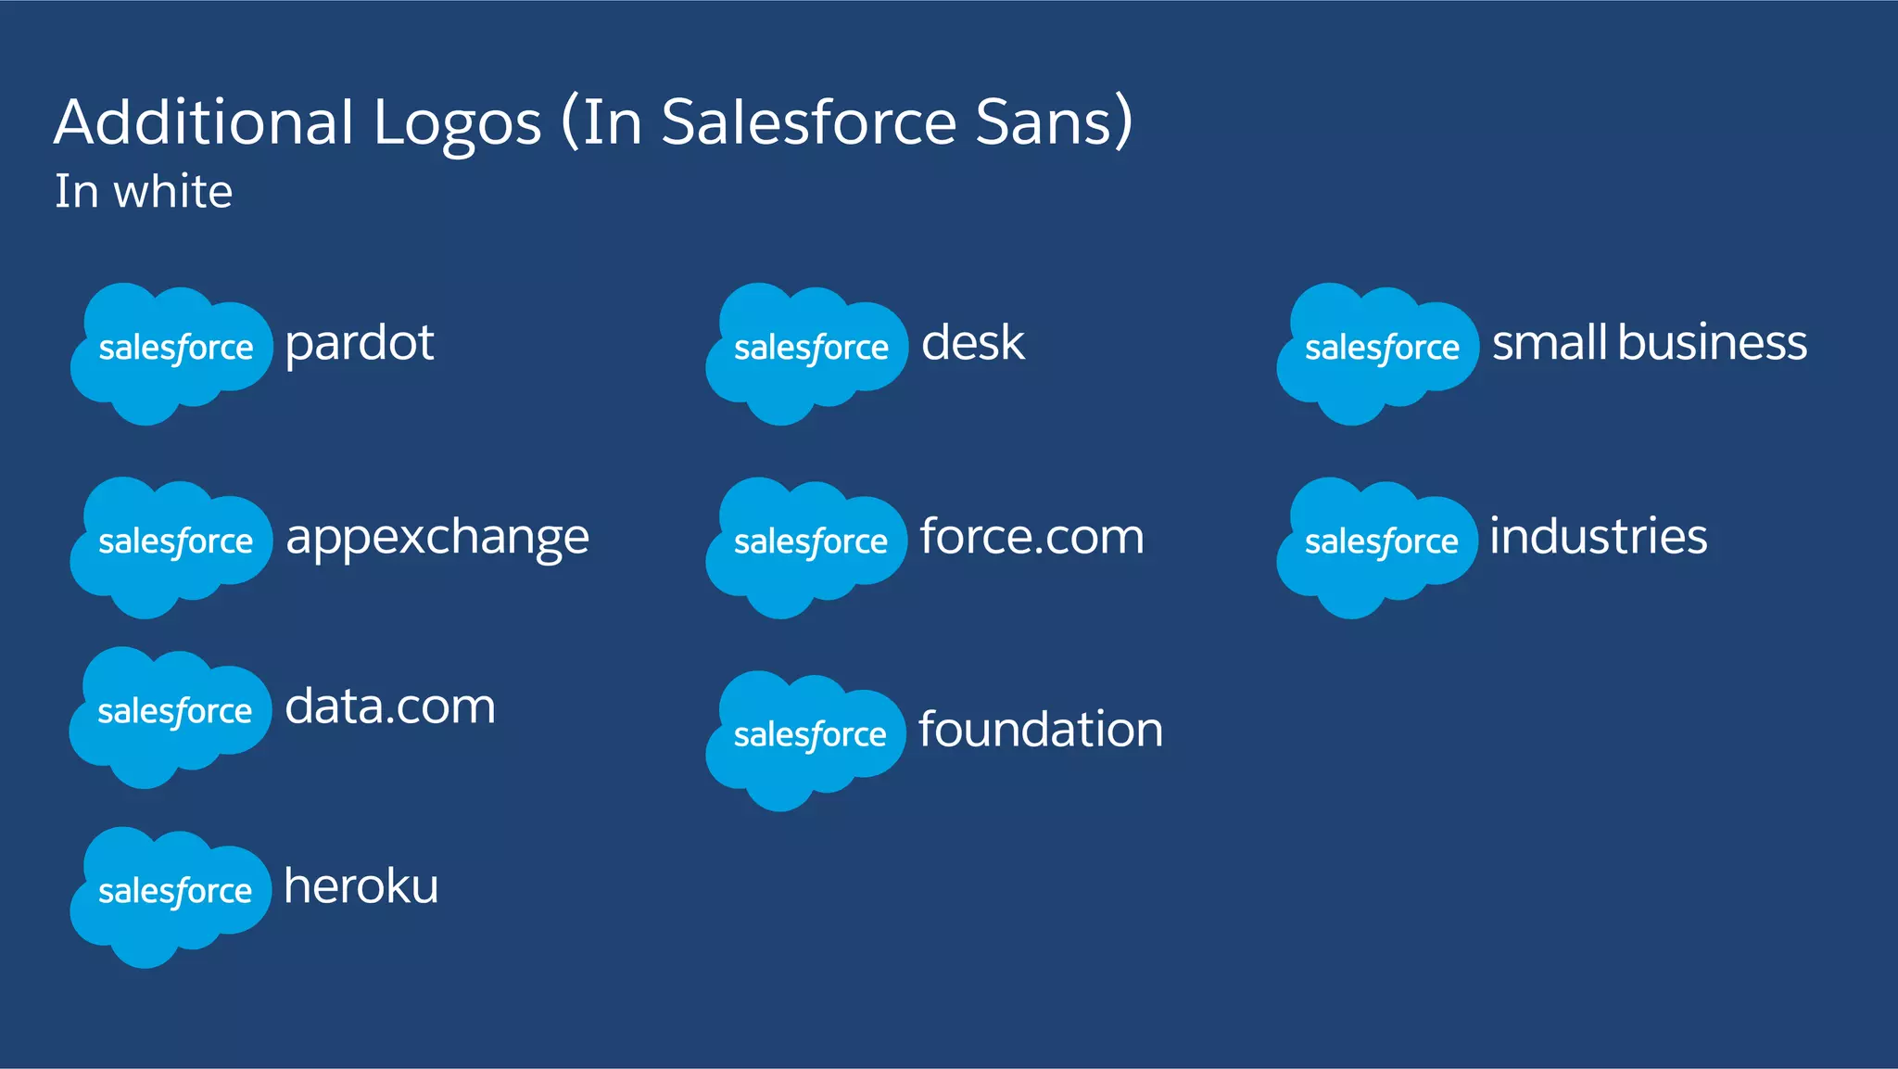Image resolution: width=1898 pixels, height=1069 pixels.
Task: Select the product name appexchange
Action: pos(437,539)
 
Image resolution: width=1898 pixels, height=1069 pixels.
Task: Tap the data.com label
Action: pos(389,707)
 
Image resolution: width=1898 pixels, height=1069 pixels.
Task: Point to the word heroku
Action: pos(361,886)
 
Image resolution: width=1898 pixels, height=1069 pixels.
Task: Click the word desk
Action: pos(972,343)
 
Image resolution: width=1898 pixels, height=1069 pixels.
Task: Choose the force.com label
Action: pos(1031,537)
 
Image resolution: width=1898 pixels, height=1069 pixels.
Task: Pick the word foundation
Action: pos(1040,730)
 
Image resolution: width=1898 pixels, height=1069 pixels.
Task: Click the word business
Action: pos(1712,343)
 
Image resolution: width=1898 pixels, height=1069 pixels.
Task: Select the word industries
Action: pos(1598,537)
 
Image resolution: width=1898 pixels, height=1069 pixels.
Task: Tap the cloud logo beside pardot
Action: pos(171,352)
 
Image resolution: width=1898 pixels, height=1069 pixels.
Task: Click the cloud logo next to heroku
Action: pos(171,896)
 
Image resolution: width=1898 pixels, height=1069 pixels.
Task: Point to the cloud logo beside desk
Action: pos(806,352)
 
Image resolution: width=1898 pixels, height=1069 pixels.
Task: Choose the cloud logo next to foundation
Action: pos(805,739)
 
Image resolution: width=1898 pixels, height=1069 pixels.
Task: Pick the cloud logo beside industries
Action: pos(1377,546)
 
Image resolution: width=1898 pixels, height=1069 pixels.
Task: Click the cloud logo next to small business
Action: pos(1377,352)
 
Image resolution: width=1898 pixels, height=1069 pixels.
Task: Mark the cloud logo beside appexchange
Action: pos(171,546)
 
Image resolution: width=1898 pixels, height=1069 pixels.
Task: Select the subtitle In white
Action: pos(144,192)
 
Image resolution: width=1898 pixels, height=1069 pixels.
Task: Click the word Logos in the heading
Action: pos(457,123)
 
